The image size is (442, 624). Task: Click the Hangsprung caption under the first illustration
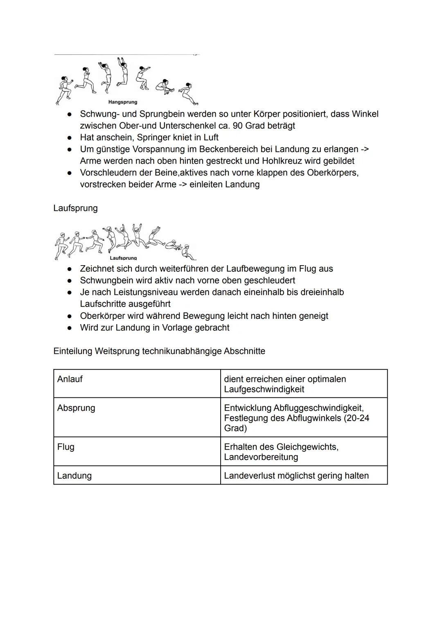coord(122,102)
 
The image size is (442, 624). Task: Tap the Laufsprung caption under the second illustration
coord(123,258)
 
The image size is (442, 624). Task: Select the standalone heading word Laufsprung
coord(75,208)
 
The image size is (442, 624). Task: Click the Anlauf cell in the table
coord(70,379)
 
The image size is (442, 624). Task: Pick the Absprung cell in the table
coord(76,408)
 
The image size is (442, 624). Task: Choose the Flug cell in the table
coord(66,447)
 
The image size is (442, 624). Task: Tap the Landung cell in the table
coord(74,475)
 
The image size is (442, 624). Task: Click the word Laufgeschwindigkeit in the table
coord(264,389)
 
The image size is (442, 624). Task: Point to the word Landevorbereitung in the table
coord(261,457)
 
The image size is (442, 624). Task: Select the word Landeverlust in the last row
coord(249,475)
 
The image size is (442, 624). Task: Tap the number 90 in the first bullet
coord(238,126)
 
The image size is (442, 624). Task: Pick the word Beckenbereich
coord(227,149)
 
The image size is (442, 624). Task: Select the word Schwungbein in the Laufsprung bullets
coord(105,280)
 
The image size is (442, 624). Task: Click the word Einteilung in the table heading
coord(72,351)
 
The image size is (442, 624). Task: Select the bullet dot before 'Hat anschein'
coord(70,137)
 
